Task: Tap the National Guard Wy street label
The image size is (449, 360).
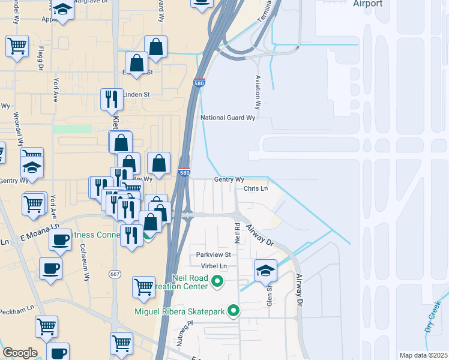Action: pyautogui.click(x=228, y=118)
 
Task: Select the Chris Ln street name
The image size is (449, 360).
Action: pyautogui.click(x=255, y=188)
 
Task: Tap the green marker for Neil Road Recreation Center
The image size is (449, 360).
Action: pyautogui.click(x=218, y=281)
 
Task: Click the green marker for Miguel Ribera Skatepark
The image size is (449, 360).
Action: pyautogui.click(x=234, y=311)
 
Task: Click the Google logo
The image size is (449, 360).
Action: pyautogui.click(x=20, y=353)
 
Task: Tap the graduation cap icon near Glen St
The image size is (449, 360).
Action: pyautogui.click(x=265, y=271)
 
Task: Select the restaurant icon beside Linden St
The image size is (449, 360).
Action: pyautogui.click(x=111, y=100)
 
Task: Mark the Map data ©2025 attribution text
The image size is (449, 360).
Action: pyautogui.click(x=423, y=355)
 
